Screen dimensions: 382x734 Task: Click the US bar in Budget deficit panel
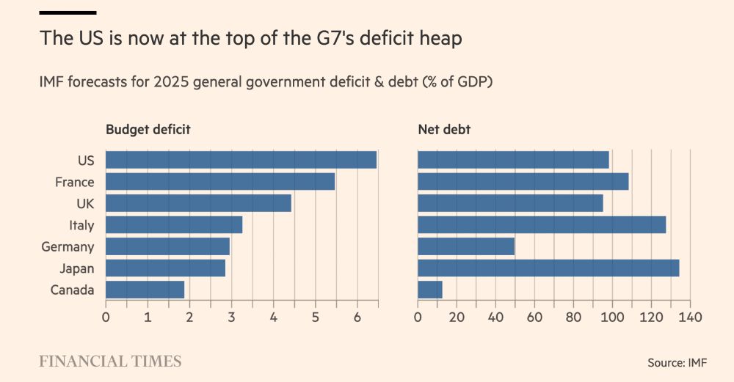coord(241,160)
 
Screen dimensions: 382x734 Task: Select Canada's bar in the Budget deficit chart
coord(145,290)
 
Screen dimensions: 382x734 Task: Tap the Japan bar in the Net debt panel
coord(548,268)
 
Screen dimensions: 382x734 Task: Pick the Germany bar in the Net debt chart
coord(466,246)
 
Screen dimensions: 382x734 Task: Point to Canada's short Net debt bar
coord(429,290)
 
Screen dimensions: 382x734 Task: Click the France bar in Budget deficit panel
coord(220,181)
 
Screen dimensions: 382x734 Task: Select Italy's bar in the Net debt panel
coord(542,224)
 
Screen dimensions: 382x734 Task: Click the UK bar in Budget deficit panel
coord(198,203)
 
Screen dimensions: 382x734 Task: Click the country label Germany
coord(68,247)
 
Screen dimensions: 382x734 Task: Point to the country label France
coord(74,182)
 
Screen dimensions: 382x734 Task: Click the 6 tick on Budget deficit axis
coord(357,317)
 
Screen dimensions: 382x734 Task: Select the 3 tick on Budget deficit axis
coord(231,317)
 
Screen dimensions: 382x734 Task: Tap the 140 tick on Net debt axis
coord(690,317)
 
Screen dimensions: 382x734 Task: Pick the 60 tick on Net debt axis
coord(534,317)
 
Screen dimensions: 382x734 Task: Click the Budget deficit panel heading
coord(148,130)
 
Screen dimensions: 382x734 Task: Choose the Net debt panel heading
coord(444,130)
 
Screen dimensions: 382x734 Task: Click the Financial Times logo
coord(110,361)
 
